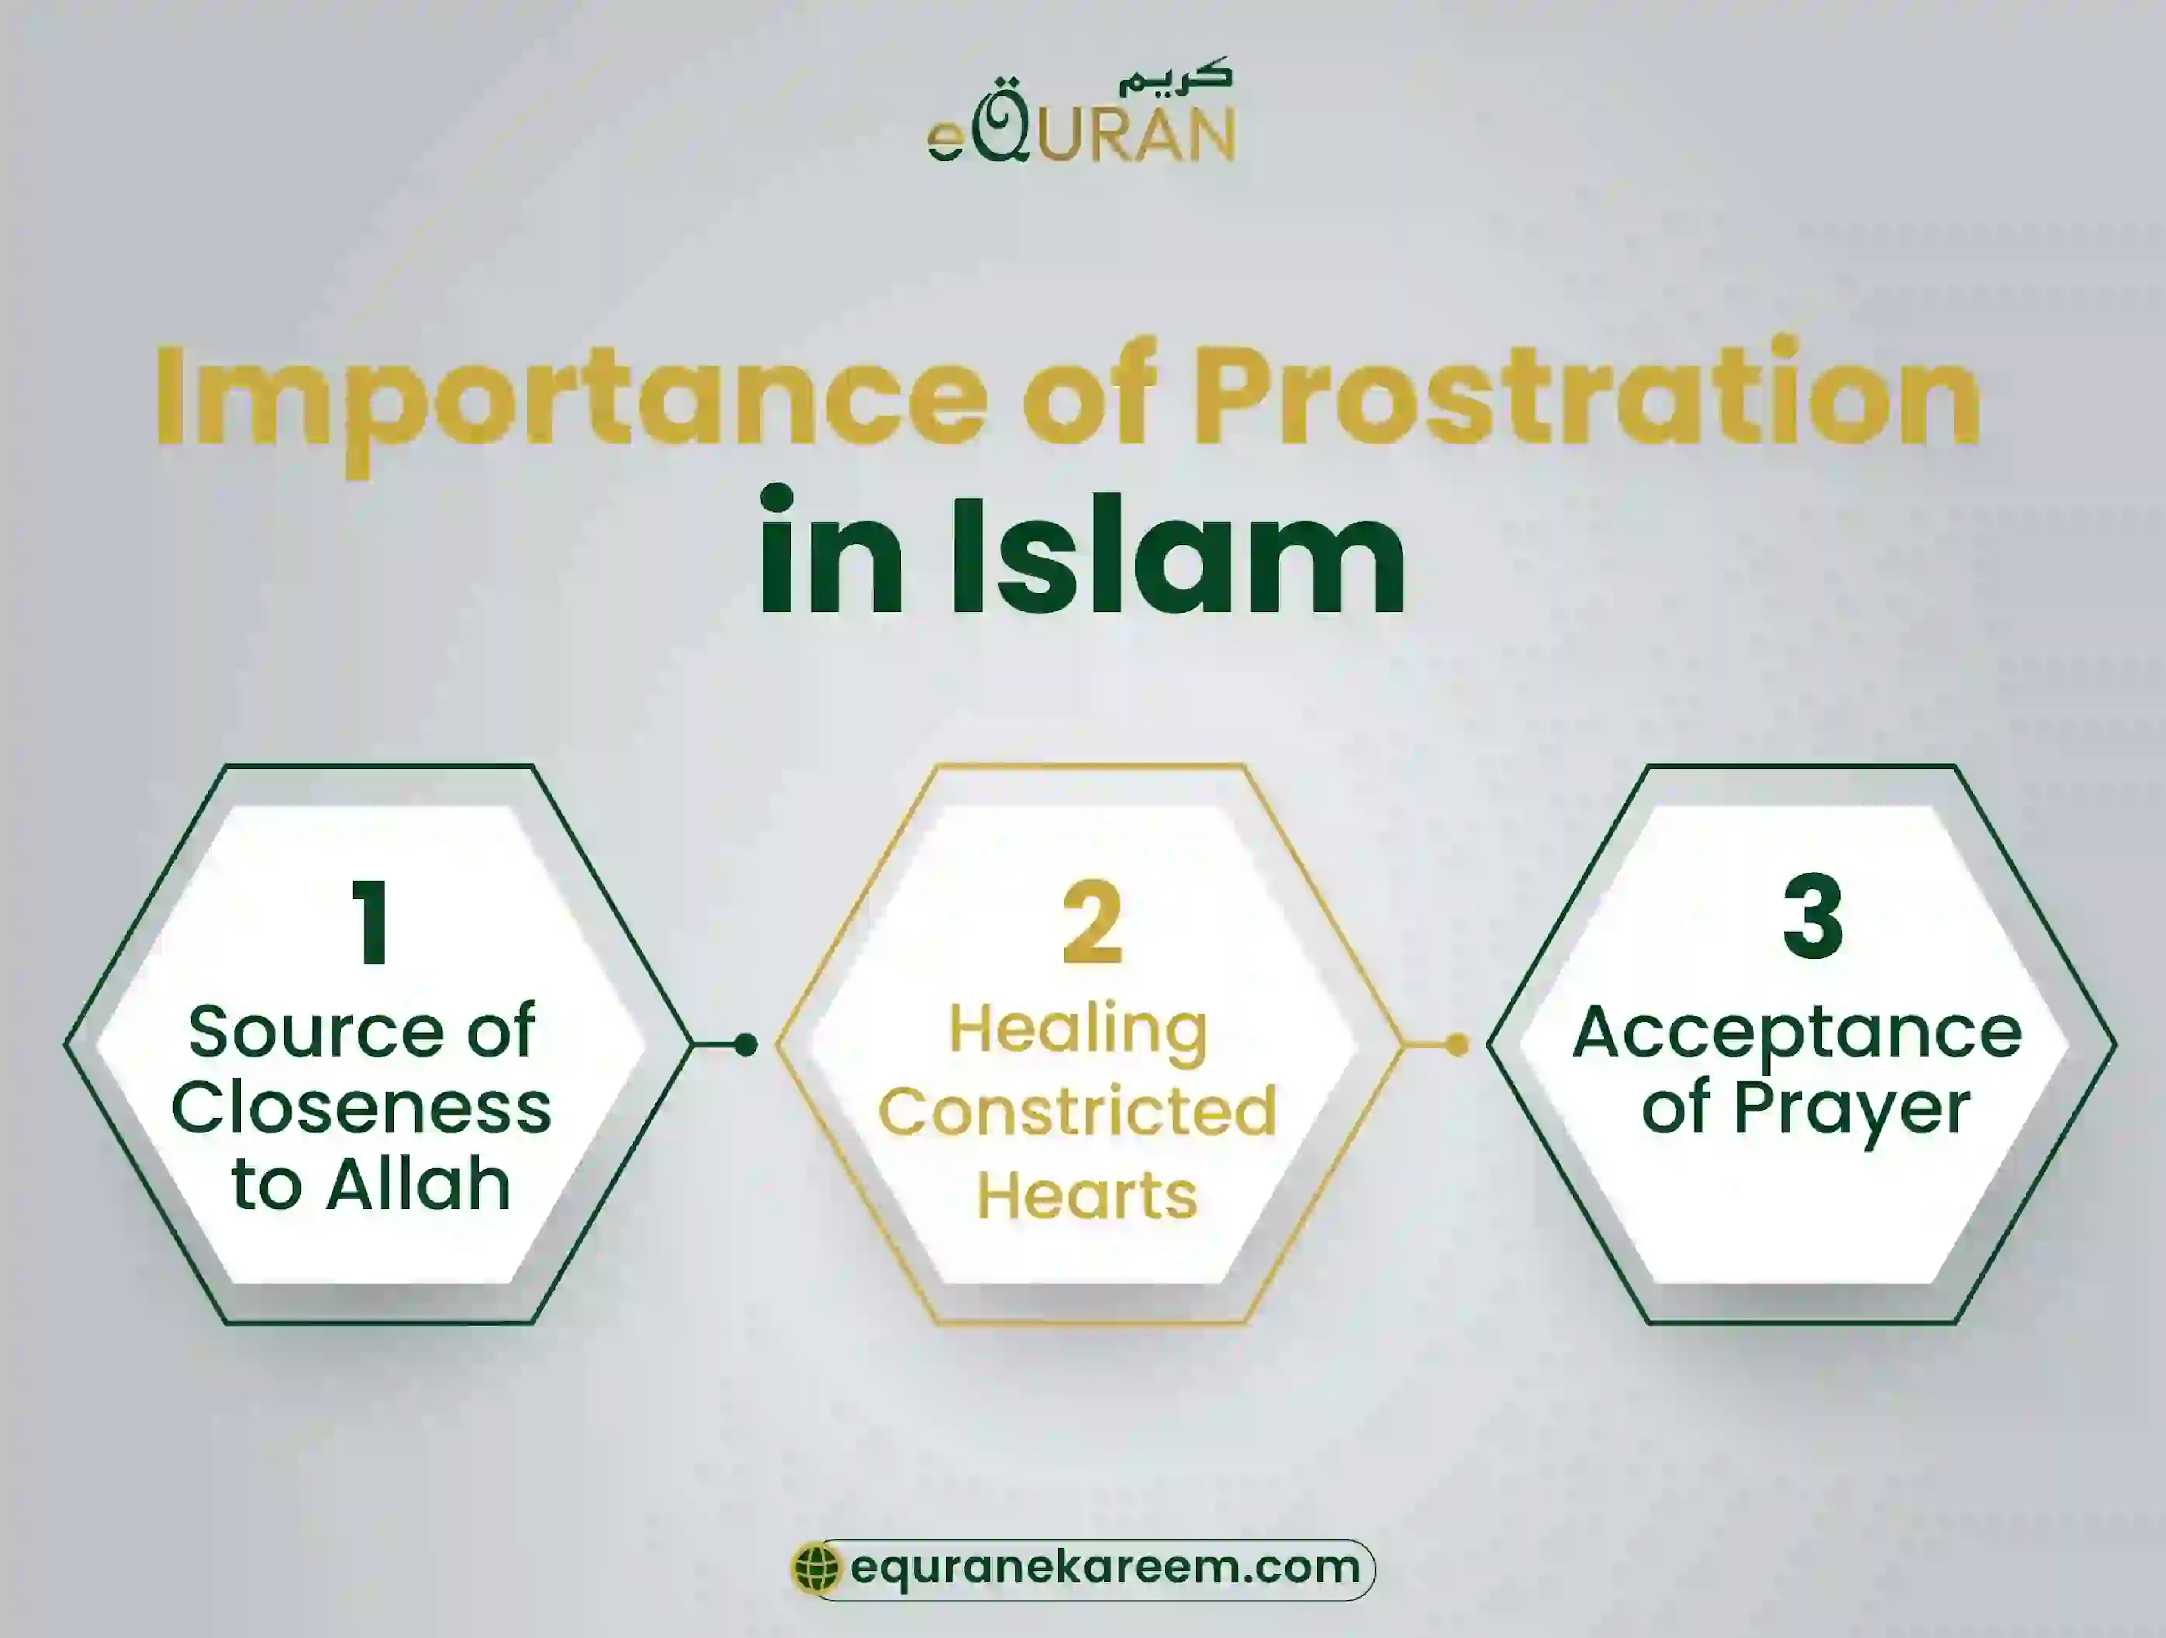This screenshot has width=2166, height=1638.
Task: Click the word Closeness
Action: coord(362,1109)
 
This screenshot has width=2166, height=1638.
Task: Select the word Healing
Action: coord(1078,1031)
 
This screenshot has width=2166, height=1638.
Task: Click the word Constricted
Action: coord(1077,1111)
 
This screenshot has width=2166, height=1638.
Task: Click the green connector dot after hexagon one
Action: coord(745,1045)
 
